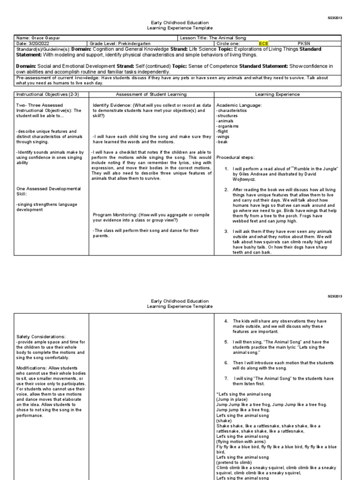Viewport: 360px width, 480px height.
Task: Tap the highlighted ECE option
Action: (265, 44)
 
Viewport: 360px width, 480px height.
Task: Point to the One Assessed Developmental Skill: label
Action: (48, 191)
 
